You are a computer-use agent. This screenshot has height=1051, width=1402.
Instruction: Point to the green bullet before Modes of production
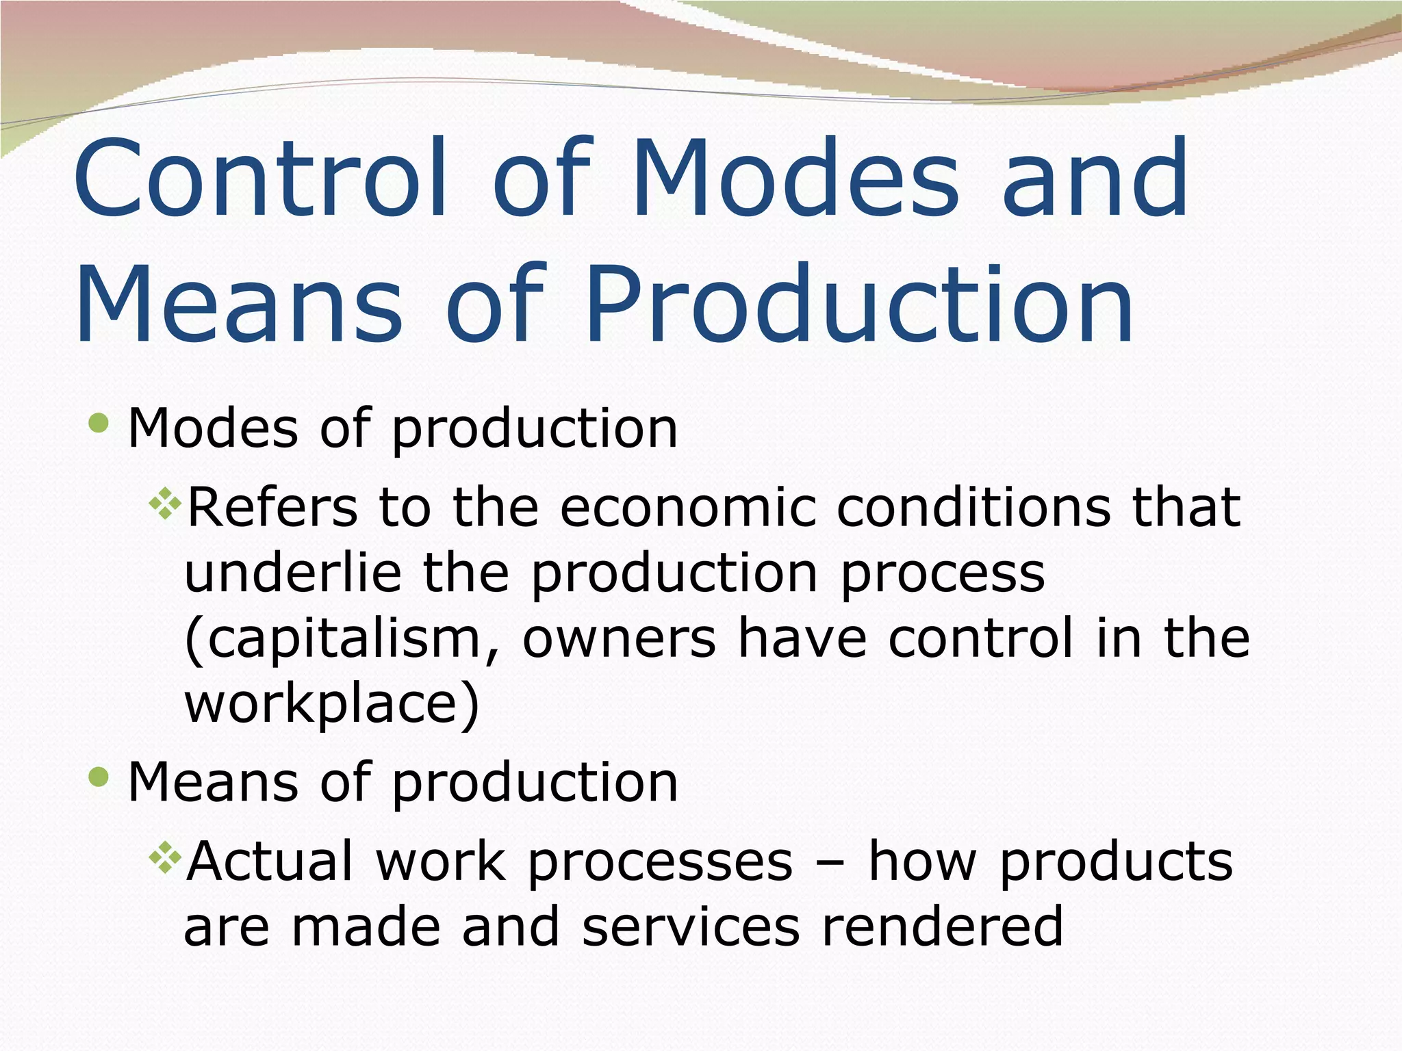tap(99, 423)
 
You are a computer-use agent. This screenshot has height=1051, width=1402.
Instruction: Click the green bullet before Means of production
tap(99, 777)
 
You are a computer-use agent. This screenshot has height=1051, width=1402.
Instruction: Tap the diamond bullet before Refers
tap(165, 505)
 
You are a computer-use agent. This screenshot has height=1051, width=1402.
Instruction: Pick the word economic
tap(688, 508)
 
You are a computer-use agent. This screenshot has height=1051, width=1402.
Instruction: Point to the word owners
tap(619, 638)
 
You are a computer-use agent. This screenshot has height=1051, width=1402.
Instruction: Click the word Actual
tap(270, 861)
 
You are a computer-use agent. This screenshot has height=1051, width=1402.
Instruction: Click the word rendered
tap(942, 926)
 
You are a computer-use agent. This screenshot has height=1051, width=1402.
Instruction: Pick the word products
tap(1116, 861)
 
